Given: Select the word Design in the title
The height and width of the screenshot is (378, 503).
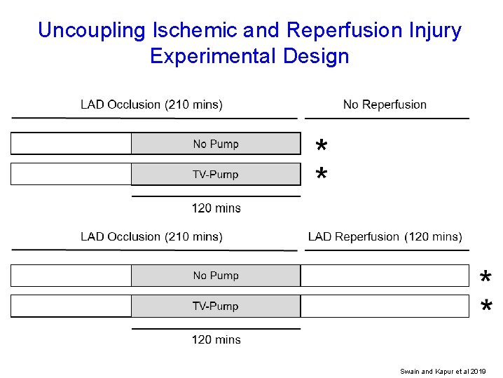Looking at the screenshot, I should click(x=316, y=56).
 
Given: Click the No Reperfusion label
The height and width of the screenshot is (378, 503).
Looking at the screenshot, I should click(x=385, y=104).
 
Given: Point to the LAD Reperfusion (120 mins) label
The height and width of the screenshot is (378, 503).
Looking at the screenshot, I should click(x=385, y=236).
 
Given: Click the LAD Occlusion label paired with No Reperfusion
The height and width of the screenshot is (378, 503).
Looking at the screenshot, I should click(x=151, y=104).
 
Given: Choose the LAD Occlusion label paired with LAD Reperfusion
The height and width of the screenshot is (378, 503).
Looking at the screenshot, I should click(x=151, y=236).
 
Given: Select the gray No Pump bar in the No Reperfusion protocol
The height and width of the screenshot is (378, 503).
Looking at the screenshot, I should click(x=216, y=144).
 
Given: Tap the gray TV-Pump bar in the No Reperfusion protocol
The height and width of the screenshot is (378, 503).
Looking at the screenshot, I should click(x=216, y=174).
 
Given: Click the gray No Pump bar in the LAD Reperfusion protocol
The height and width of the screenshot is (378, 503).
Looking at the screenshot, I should click(x=216, y=276).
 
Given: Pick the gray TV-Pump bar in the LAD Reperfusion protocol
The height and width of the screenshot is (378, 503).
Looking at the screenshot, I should click(x=216, y=306).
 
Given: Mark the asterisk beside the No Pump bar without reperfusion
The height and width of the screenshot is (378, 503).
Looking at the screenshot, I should click(x=321, y=147).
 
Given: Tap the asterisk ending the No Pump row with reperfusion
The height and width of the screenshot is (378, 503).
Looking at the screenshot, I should click(x=485, y=279).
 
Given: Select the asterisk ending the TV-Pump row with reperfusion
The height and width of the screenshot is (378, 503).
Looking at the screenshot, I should click(x=485, y=307).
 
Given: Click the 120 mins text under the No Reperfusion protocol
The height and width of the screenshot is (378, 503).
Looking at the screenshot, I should click(x=216, y=208).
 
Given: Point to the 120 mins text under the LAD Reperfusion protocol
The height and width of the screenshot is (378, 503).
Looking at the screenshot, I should click(x=216, y=339).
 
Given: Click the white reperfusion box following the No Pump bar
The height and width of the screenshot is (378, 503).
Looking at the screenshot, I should click(x=385, y=276).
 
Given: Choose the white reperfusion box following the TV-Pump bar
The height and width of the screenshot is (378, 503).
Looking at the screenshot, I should click(x=385, y=306).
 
